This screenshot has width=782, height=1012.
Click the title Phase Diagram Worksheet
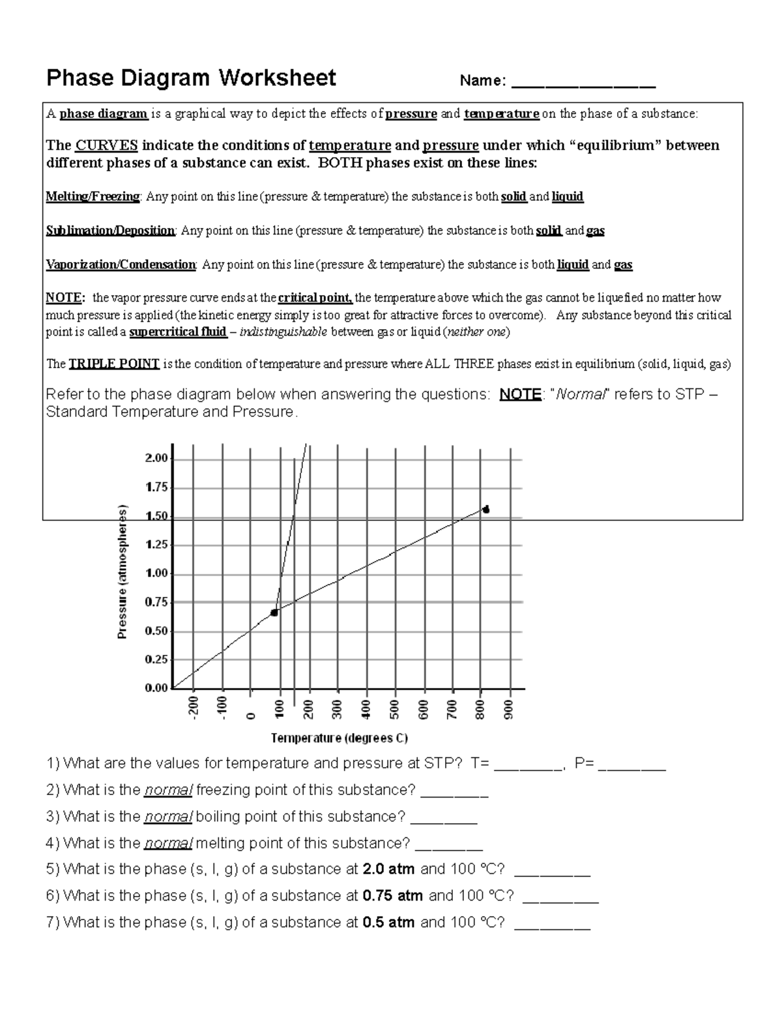191,78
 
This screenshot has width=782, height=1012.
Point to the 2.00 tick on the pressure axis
156,458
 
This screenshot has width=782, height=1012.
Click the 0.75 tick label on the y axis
156,603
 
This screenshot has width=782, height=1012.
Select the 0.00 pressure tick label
156,688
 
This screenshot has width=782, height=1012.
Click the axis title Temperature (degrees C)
339,738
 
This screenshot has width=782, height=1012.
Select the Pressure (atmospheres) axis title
122,572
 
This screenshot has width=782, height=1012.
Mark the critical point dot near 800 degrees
485,510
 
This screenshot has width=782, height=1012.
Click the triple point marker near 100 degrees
274,613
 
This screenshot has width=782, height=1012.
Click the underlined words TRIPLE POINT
114,364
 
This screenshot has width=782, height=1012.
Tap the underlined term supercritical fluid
178,332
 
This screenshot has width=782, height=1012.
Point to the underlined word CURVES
107,145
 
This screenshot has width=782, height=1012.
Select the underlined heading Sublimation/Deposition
110,231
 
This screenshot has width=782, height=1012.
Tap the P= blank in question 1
631,765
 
